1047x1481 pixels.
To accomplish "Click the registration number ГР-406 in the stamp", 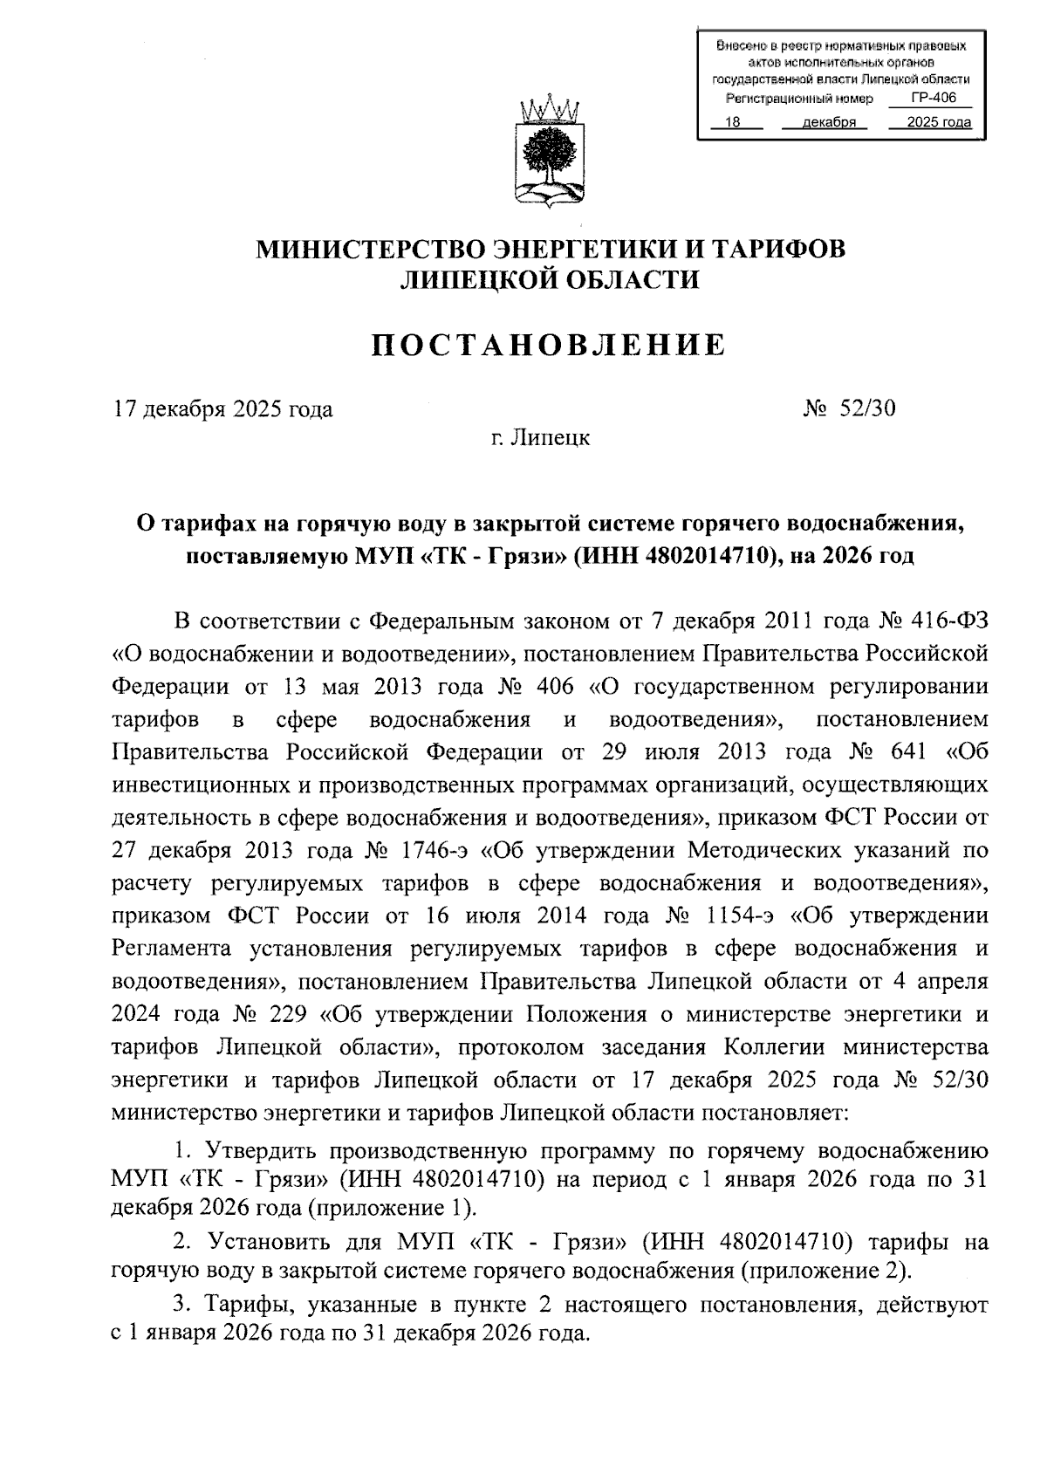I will [x=933, y=99].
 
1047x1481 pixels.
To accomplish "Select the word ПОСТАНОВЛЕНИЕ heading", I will [x=550, y=345].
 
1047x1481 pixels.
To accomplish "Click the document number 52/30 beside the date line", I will [x=867, y=408].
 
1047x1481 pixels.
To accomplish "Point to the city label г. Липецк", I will [x=539, y=437].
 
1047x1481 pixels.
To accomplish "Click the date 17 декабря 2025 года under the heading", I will [x=223, y=408].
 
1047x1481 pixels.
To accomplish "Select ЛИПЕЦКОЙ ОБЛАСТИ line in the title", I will [x=550, y=279].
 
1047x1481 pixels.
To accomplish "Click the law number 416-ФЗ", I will [x=947, y=621].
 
